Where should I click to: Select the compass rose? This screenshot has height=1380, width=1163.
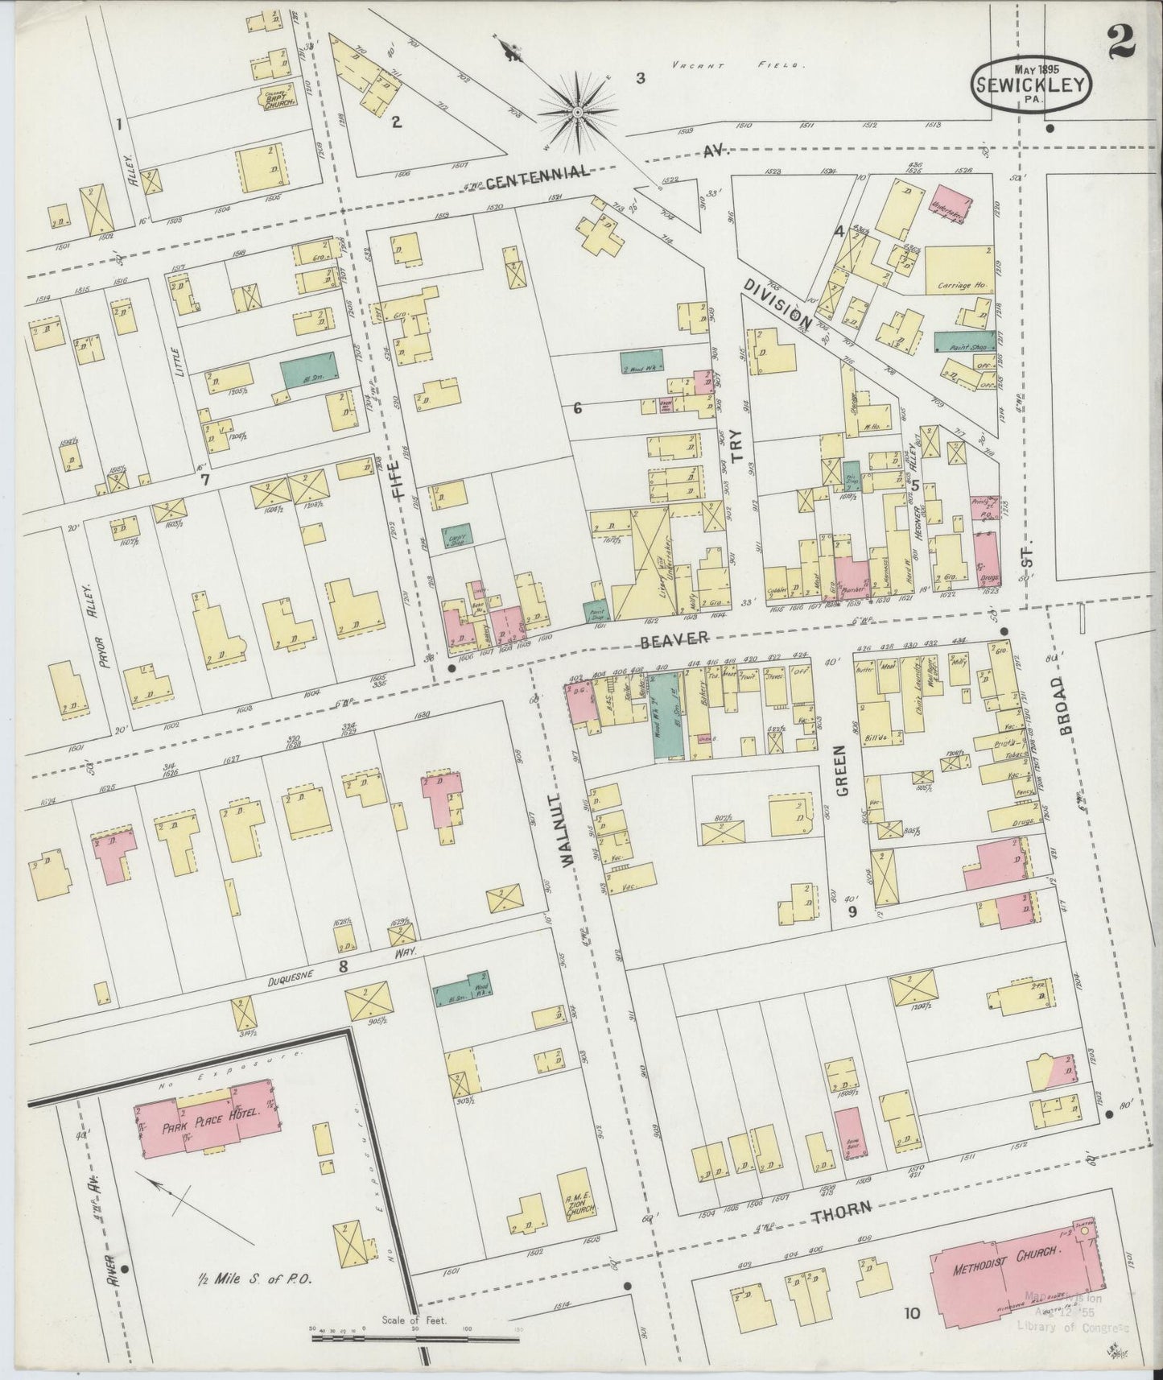coord(577,116)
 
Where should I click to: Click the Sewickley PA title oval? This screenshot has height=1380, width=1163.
coord(1033,83)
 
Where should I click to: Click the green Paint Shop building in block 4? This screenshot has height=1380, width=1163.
coord(964,341)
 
